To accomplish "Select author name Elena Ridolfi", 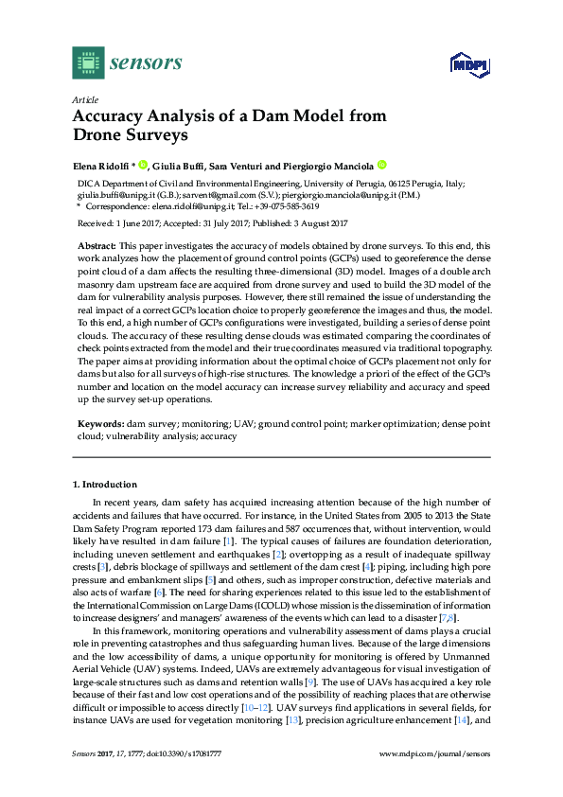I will click(101, 164).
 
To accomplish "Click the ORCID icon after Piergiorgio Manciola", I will click(382, 164).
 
